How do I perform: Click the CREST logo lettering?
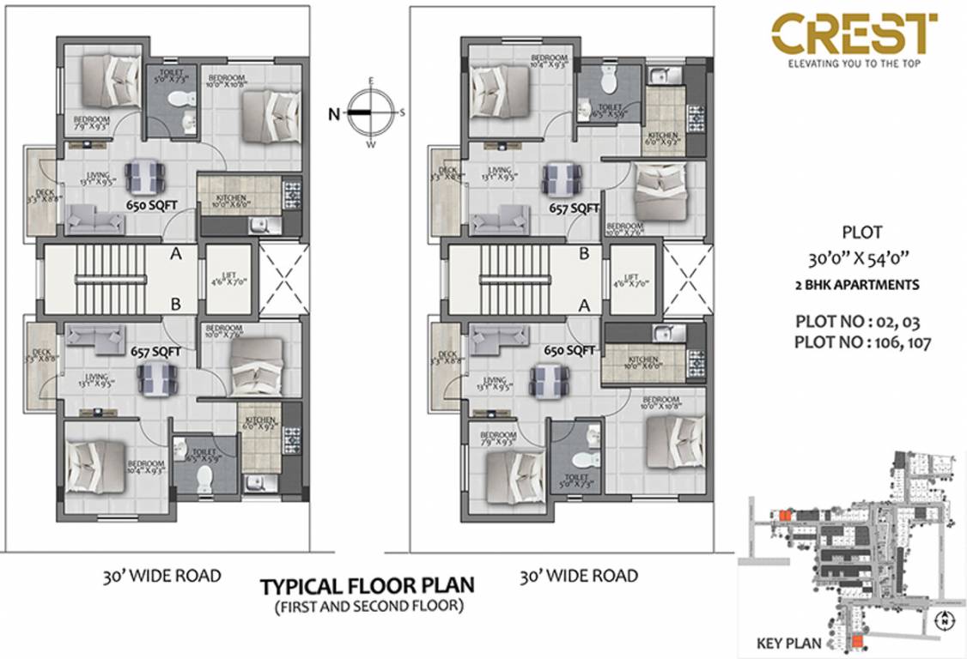point(854,34)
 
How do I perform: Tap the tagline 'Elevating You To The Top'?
point(854,63)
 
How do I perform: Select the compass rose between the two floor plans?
point(371,112)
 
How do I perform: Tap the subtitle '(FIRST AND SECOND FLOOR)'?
point(368,606)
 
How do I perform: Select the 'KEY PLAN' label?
point(788,643)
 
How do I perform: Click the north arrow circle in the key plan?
point(944,620)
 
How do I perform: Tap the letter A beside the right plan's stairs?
point(584,305)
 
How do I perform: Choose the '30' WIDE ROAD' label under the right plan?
point(578,576)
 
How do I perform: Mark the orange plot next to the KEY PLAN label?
point(856,642)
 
